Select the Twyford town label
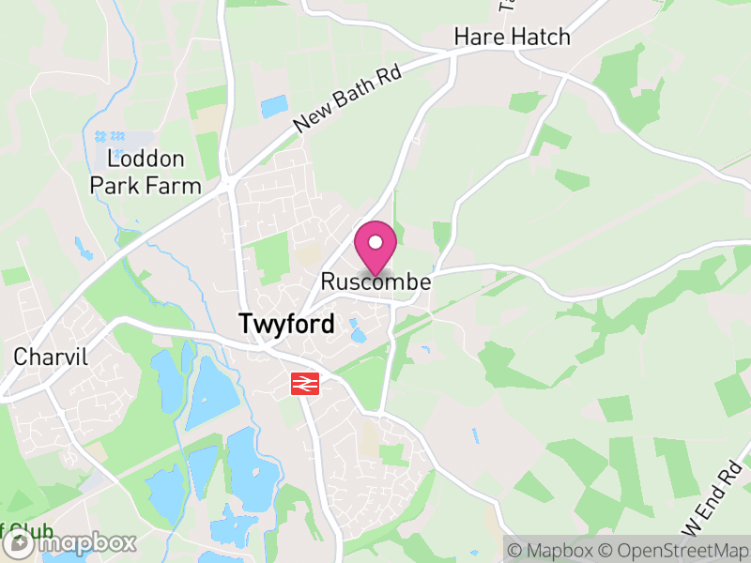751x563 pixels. pos(286,325)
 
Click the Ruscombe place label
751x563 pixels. pos(375,281)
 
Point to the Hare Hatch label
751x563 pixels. pos(512,37)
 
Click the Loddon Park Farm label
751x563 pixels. pos(146,173)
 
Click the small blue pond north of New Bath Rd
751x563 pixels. pos(275,106)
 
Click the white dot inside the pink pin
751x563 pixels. pos(375,243)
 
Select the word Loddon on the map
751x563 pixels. pos(146,160)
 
